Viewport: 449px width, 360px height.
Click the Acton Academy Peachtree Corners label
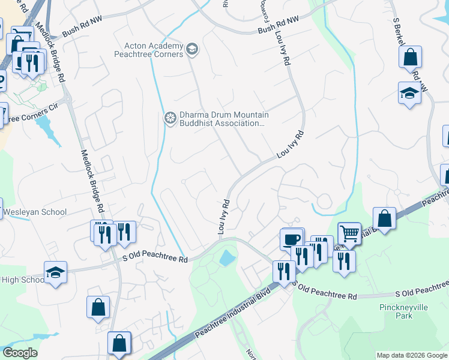tap(153, 50)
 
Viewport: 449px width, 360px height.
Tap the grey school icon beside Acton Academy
tap(192, 49)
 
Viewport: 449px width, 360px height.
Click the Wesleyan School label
tap(35, 212)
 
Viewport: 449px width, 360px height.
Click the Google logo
tap(20, 353)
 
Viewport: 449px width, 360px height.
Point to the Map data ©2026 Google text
tap(412, 355)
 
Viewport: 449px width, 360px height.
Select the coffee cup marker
tap(292, 239)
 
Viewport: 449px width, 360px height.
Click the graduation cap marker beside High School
tap(55, 272)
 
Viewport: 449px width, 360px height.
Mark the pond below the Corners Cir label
tap(46, 125)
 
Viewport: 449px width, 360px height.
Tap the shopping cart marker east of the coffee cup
tap(349, 233)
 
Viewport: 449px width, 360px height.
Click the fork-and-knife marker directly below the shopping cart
tap(344, 261)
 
